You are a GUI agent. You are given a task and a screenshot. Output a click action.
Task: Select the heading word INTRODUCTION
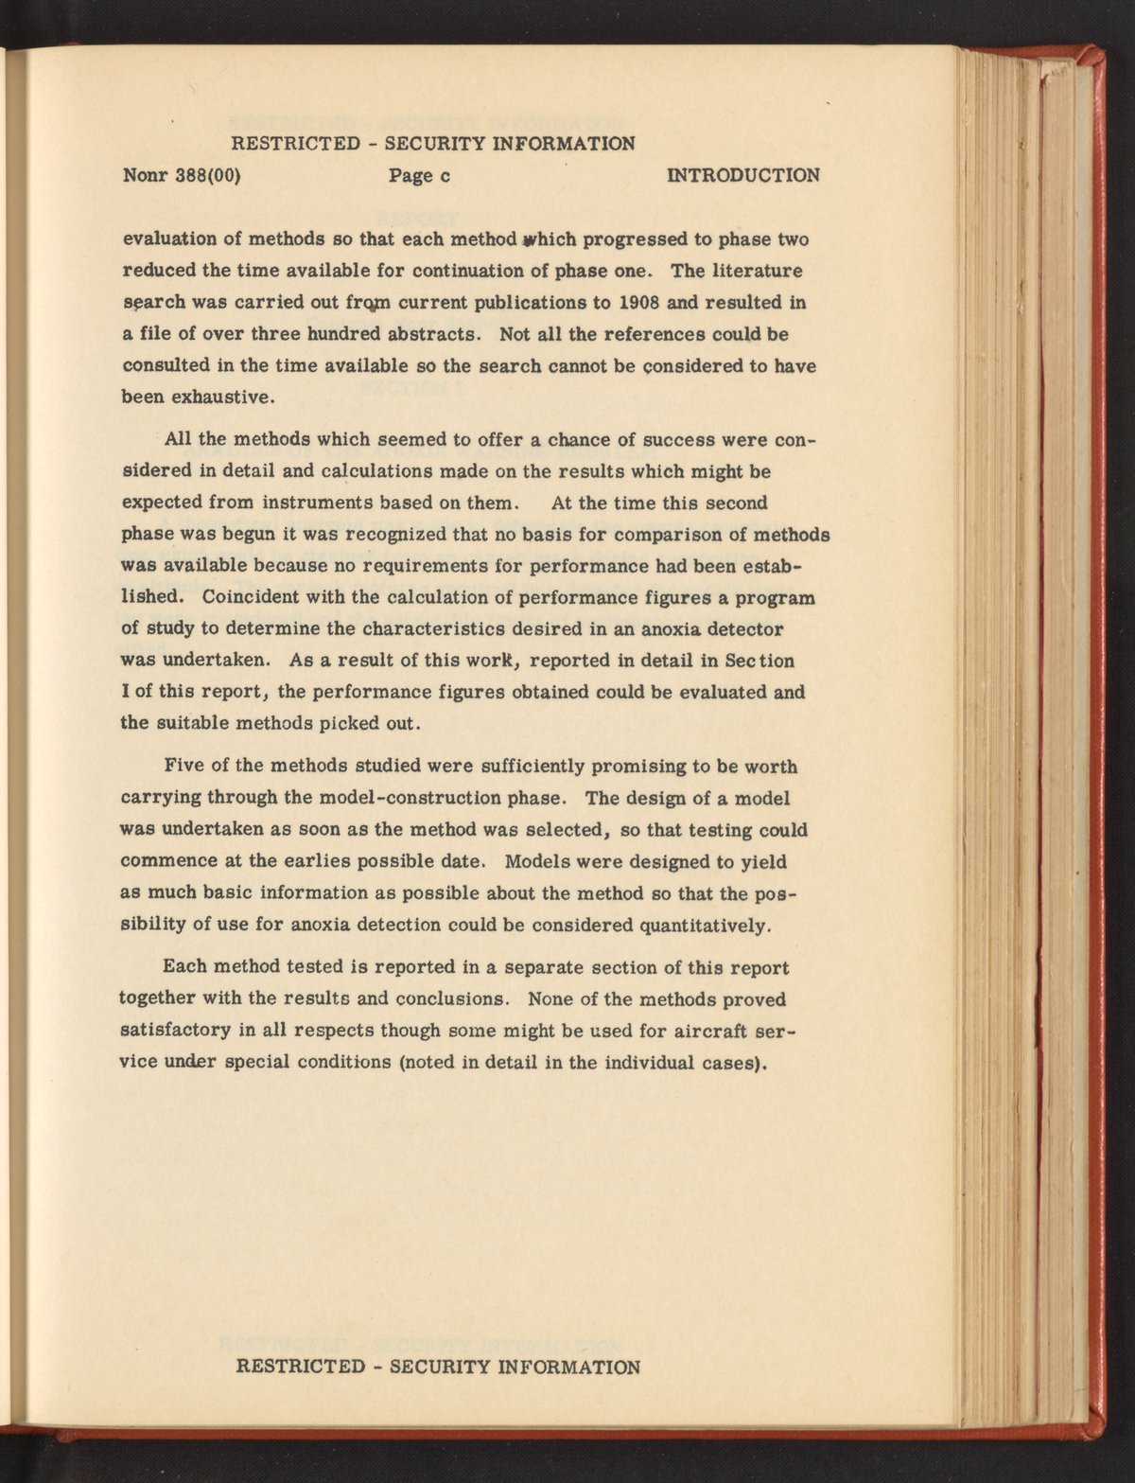pyautogui.click(x=743, y=175)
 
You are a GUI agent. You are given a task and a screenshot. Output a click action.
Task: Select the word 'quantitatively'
pyautogui.click(x=713, y=925)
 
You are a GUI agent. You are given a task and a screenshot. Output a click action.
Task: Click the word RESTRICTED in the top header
pyautogui.click(x=293, y=143)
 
